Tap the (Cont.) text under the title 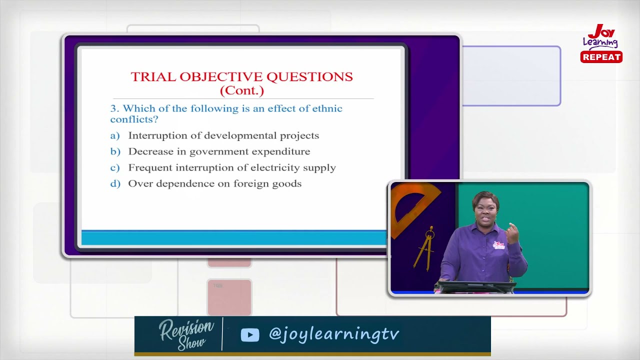coord(241,90)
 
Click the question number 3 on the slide coord(113,108)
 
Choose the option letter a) coord(115,135)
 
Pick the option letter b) coord(115,151)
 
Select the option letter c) coord(115,167)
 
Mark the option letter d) coord(115,183)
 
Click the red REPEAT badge coord(601,57)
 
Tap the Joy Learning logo coord(601,37)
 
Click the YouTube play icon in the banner coord(250,334)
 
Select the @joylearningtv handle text coord(333,334)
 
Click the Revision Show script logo coord(185,334)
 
